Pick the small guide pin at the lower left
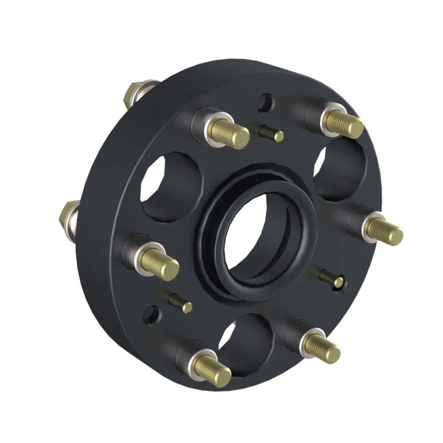coord(182,303)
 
